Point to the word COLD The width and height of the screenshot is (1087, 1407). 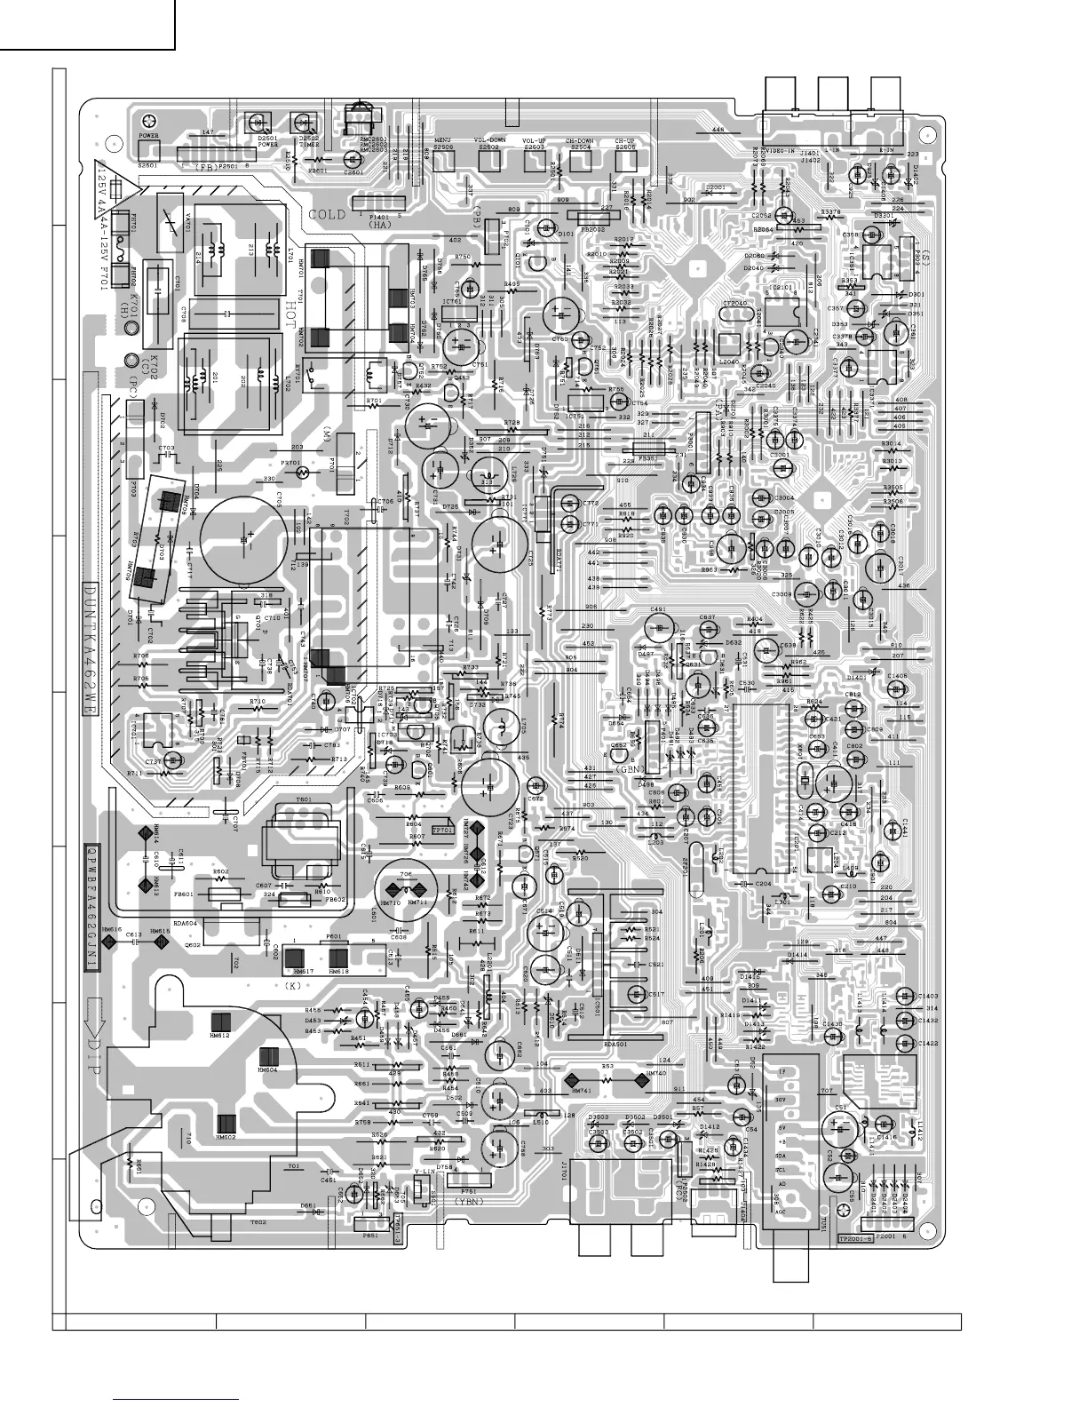pyautogui.click(x=327, y=215)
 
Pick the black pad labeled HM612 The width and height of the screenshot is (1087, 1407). pyautogui.click(x=220, y=1023)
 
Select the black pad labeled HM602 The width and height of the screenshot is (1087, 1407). pyautogui.click(x=227, y=1123)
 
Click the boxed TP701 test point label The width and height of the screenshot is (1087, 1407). pyautogui.click(x=442, y=830)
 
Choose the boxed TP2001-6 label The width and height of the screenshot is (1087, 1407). pyautogui.click(x=855, y=1238)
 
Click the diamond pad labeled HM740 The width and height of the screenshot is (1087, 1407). pyautogui.click(x=641, y=1081)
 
